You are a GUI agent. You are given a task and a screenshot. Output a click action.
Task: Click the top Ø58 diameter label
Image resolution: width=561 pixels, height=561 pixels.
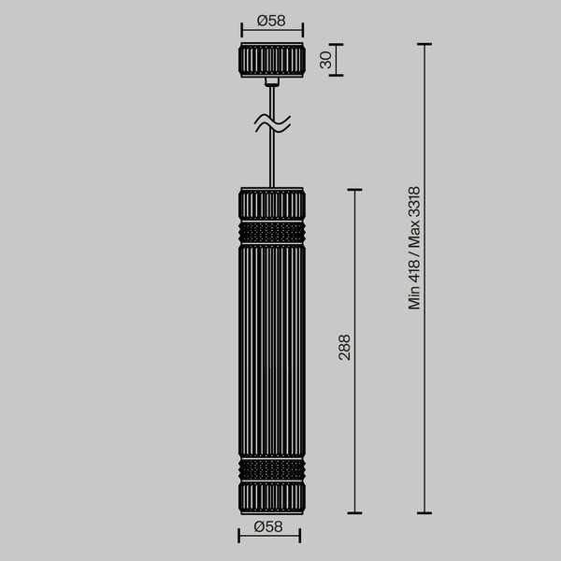270,20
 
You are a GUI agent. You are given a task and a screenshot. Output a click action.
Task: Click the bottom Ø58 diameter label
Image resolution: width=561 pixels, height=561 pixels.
269,526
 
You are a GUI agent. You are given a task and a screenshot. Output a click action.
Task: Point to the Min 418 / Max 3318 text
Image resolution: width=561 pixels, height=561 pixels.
415,247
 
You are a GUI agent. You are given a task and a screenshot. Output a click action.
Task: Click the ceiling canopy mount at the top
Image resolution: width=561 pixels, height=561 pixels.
271,60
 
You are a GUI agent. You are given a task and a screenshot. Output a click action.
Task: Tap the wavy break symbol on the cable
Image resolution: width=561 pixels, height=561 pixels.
272,122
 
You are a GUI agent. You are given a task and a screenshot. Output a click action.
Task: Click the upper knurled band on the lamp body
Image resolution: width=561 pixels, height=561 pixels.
272,230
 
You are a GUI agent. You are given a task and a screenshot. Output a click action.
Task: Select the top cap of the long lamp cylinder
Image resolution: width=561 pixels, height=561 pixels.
272,204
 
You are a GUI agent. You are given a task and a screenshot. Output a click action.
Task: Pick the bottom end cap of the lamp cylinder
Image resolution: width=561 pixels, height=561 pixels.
272,496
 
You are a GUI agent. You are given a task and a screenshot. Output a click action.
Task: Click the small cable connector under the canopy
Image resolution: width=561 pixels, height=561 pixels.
272,82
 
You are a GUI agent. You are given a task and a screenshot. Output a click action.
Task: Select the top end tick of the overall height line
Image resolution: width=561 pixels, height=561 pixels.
425,44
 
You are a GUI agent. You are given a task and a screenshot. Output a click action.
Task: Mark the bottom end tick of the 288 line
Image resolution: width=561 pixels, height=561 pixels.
355,512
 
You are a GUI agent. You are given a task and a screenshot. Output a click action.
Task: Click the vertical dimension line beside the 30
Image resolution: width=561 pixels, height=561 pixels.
338,60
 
